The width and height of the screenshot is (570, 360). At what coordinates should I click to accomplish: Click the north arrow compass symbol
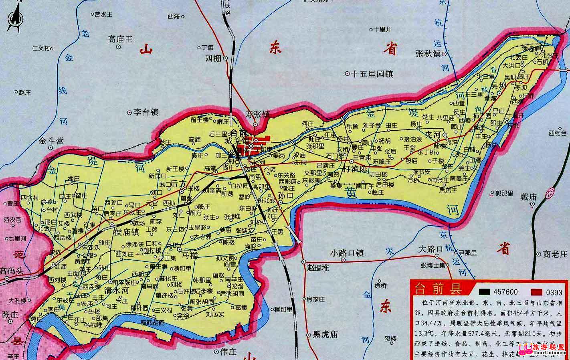(x=15, y=19)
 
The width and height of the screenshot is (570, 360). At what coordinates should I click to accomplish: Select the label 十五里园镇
(x=372, y=74)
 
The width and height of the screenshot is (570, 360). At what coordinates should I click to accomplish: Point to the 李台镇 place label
(x=146, y=112)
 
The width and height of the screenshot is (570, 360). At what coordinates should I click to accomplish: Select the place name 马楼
(x=190, y=255)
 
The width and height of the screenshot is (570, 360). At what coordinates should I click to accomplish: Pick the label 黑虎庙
(x=325, y=335)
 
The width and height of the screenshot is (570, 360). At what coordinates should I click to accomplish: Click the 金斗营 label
(x=51, y=141)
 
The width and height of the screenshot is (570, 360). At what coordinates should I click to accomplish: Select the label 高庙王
(x=120, y=39)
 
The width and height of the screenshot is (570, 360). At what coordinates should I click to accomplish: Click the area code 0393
(x=554, y=292)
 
